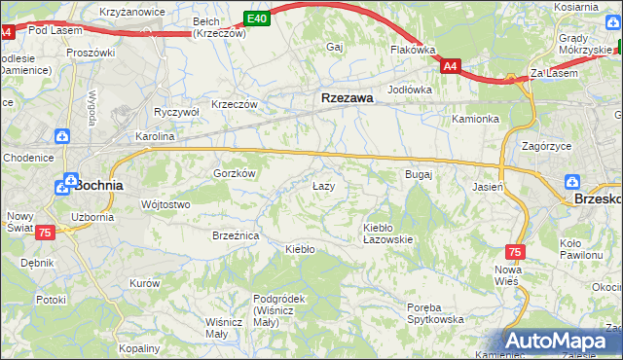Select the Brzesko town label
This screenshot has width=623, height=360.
pos(598,197)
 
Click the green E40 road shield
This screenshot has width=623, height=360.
pos(256,18)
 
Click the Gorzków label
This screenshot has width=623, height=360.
pos(234,173)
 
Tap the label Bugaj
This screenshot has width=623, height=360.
pos(418,174)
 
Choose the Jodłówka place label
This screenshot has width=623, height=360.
pos(409,90)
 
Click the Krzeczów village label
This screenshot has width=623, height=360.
pos(234,104)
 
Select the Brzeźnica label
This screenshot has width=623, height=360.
pos(235,235)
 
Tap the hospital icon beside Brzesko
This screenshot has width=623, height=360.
pos(573,182)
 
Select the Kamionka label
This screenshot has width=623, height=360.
pos(475,119)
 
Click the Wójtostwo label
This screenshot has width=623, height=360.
pos(165,204)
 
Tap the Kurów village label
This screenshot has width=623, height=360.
pos(144,283)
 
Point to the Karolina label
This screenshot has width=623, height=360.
pos(154,137)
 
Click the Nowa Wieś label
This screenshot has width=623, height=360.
pos(508,274)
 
